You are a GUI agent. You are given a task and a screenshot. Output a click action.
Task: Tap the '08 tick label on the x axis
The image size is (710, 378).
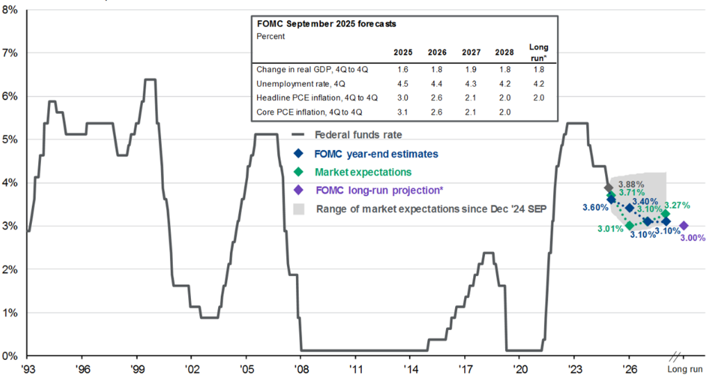point(301,370)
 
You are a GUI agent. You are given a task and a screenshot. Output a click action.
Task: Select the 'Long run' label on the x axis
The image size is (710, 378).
point(685,370)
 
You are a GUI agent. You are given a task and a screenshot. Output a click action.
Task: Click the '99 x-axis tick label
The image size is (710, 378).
point(138,370)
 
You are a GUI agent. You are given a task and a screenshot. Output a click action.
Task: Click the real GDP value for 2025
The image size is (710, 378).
point(403,69)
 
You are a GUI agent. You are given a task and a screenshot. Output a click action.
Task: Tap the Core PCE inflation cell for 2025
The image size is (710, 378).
point(403,111)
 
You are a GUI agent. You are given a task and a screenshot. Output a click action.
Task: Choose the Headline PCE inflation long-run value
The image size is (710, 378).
point(538,97)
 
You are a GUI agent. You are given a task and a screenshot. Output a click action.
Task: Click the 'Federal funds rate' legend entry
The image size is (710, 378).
point(357,135)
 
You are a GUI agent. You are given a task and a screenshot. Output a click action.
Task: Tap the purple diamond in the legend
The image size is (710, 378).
point(298,190)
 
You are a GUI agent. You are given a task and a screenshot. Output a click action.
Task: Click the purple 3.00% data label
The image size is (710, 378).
point(692,238)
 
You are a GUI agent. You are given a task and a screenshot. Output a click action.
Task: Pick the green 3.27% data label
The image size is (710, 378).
point(677,206)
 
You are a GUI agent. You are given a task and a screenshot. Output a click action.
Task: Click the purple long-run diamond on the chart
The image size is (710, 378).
point(684,226)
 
